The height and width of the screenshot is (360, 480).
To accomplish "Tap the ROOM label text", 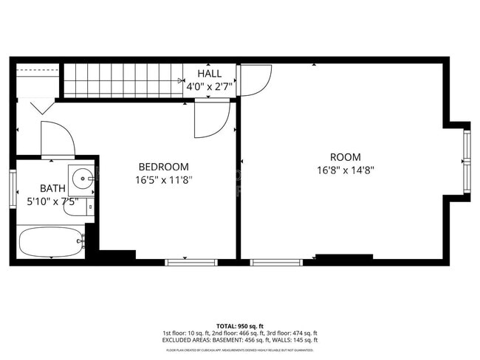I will (345, 157).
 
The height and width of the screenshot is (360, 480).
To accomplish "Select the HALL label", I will (209, 74).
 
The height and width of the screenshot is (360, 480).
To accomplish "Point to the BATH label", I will (52, 188).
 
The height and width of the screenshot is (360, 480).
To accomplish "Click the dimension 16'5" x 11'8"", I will (163, 179).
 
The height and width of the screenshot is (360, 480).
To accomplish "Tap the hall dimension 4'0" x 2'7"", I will (210, 86).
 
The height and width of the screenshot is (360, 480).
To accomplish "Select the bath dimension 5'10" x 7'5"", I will (52, 201).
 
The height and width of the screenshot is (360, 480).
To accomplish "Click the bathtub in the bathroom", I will (50, 241).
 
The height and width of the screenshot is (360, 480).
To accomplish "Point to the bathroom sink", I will (80, 178).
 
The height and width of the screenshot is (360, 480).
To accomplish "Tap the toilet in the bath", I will (77, 207).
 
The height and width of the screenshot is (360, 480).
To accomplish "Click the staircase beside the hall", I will (123, 80).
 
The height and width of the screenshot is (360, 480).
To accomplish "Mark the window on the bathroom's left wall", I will (13, 188).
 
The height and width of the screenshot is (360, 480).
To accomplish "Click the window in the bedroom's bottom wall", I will (191, 261).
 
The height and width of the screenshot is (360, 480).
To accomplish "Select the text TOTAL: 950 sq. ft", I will (240, 325).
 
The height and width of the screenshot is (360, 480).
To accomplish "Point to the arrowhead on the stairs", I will (180, 80).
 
